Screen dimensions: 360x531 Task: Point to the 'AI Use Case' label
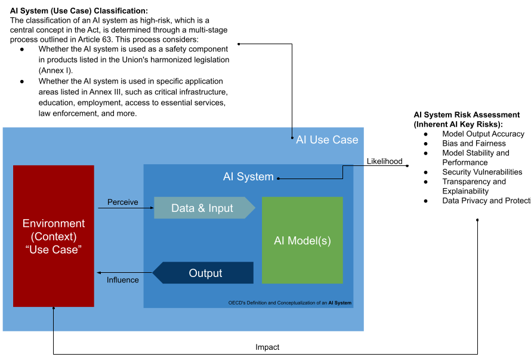coord(327,140)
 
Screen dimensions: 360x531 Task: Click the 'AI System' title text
coord(248,177)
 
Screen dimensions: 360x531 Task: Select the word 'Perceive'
coord(122,202)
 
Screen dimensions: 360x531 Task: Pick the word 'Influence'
coord(122,280)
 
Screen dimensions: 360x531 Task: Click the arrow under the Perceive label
coord(125,208)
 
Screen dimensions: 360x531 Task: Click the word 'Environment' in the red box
coord(54,223)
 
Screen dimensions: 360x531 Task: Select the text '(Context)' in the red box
coord(54,236)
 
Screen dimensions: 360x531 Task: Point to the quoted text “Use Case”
coord(54,250)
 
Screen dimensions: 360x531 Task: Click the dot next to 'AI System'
coord(278,178)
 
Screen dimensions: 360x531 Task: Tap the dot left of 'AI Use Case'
coord(292,138)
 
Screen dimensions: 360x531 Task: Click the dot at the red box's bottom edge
coord(54,308)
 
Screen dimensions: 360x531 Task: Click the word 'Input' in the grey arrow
coord(221,208)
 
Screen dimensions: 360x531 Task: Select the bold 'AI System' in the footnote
coord(339,303)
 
